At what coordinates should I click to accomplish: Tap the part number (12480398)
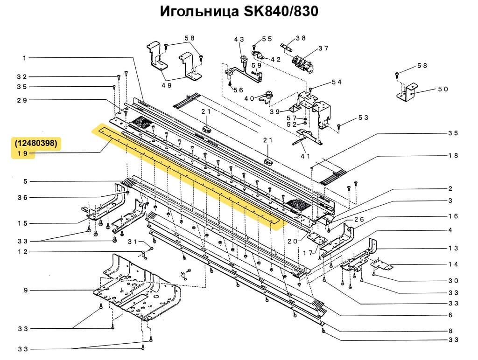click(36, 143)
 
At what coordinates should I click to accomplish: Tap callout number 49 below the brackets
click(167, 85)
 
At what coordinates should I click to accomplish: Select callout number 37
click(323, 48)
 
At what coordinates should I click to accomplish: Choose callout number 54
click(337, 82)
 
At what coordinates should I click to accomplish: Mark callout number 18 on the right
click(453, 156)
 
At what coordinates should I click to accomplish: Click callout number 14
click(453, 264)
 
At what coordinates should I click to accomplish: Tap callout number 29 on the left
click(23, 100)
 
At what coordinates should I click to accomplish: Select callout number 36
click(23, 197)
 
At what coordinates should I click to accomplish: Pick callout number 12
click(23, 252)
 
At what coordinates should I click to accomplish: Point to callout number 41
click(306, 156)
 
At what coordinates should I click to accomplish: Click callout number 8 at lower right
click(450, 331)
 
